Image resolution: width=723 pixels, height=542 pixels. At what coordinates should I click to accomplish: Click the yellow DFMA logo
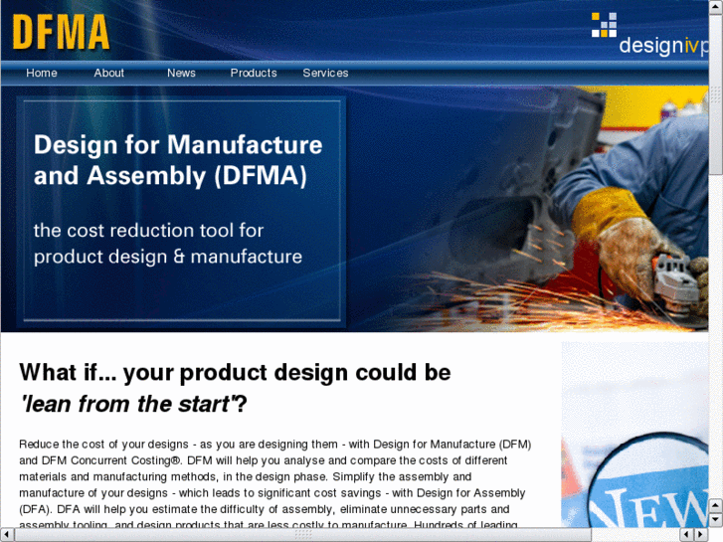tap(61, 32)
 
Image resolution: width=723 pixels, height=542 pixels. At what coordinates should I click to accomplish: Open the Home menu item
tap(42, 73)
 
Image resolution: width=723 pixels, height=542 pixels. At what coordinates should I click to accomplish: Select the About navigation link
tap(109, 73)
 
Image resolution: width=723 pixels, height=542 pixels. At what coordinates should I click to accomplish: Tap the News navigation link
tap(181, 73)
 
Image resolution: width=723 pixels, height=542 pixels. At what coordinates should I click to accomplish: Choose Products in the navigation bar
tap(254, 73)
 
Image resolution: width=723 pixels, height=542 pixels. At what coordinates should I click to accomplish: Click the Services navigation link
tap(325, 73)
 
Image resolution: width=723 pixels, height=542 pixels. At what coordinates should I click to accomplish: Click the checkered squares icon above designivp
tap(604, 25)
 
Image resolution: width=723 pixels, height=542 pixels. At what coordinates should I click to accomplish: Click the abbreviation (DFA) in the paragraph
tap(39, 509)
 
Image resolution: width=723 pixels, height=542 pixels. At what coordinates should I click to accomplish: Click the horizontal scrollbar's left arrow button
tap(7, 535)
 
